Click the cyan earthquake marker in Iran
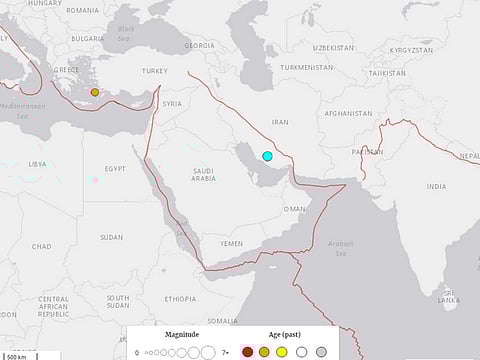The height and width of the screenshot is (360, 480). click(x=267, y=155)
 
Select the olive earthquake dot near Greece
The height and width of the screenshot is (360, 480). click(x=95, y=92)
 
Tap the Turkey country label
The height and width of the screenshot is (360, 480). click(x=155, y=71)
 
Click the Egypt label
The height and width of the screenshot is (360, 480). click(x=114, y=169)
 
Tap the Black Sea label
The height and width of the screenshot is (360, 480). click(x=125, y=32)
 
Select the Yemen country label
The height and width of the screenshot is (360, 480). click(x=232, y=243)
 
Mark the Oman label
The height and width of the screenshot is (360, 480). click(x=294, y=209)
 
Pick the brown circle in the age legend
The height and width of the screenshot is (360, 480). click(x=247, y=351)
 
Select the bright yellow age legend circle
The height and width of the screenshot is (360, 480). click(x=282, y=351)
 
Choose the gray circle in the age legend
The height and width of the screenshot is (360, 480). click(x=321, y=351)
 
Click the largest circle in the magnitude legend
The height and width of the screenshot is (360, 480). click(x=208, y=351)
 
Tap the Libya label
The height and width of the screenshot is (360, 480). click(x=37, y=163)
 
